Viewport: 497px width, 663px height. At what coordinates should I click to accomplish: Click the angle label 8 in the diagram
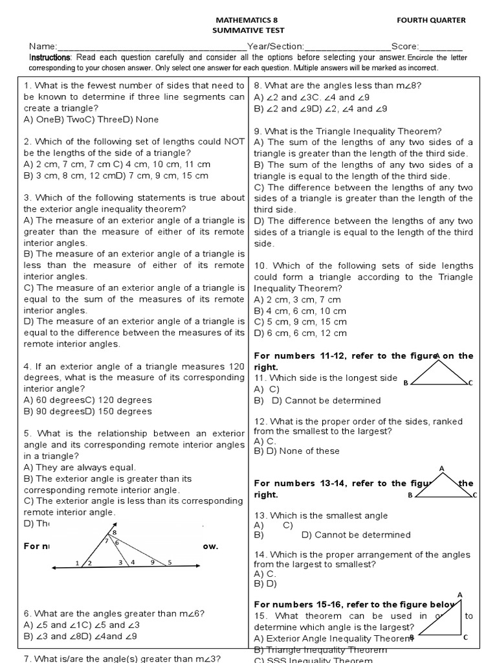pos(115,532)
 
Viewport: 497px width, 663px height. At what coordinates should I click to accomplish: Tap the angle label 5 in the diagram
pos(170,563)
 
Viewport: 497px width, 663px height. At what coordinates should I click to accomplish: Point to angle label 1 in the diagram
pos(78,563)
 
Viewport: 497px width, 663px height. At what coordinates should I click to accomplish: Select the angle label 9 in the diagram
pos(153,563)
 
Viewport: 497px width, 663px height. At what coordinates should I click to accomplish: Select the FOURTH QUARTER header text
pos(431,20)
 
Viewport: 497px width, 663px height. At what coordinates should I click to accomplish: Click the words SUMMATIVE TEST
pos(248,30)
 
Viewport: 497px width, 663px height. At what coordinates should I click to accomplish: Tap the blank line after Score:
pos(441,47)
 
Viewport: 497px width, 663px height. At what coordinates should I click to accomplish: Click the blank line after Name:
pos(152,47)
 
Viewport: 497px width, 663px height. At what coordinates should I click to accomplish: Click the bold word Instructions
pos(51,58)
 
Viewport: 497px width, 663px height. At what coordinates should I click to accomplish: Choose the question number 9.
pos(257,131)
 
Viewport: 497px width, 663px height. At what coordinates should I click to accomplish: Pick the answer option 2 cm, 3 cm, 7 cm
pos(303,300)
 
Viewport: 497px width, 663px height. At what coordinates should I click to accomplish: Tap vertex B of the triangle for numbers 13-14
pos(410,496)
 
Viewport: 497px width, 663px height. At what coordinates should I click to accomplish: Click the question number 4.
pos(27,366)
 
